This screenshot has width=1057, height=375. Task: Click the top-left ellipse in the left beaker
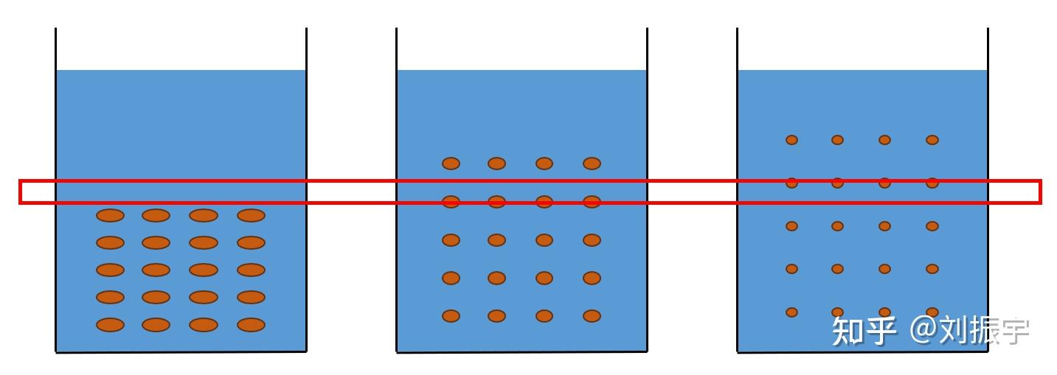tap(110, 215)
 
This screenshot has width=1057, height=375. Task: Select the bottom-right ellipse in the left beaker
tap(251, 325)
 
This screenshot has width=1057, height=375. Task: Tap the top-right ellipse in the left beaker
tap(251, 215)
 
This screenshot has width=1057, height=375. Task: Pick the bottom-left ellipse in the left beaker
tap(110, 325)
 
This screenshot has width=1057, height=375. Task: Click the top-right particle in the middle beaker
tap(592, 164)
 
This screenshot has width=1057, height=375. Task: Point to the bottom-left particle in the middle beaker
tap(451, 315)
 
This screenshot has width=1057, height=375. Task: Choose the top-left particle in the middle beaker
tap(451, 164)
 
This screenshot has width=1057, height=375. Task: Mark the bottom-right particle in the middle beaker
tap(592, 315)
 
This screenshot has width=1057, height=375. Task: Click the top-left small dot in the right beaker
tap(791, 140)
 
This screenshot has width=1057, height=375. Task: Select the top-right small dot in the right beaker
tap(932, 140)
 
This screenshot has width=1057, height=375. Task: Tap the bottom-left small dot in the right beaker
tap(791, 312)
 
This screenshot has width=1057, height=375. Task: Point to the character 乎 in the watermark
tap(880, 331)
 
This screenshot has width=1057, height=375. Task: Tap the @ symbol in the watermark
tap(924, 330)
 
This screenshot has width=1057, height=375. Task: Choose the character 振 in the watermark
tap(985, 331)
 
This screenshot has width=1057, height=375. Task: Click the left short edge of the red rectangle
tap(21, 192)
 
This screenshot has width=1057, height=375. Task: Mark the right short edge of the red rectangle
tap(1040, 192)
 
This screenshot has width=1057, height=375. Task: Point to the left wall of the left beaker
tap(55, 190)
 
